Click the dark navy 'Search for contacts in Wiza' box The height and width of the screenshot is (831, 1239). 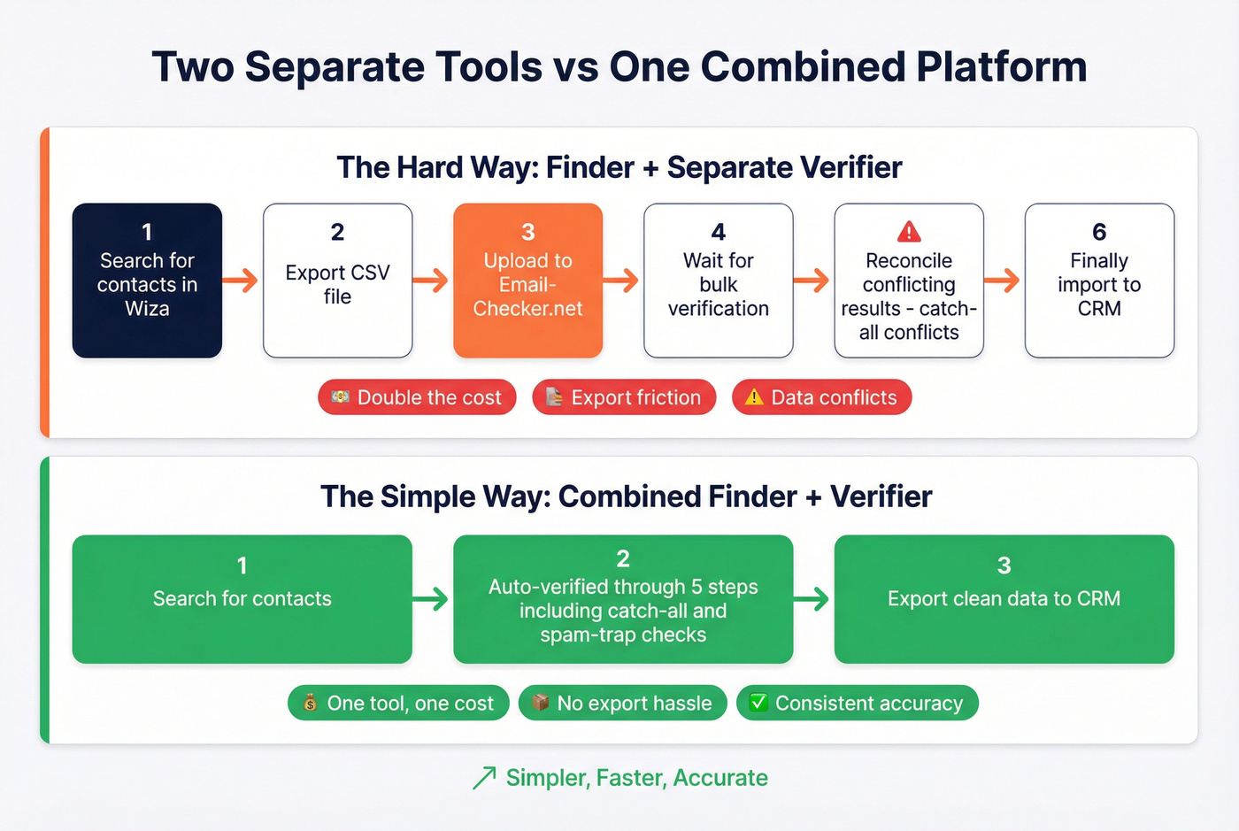[x=147, y=281]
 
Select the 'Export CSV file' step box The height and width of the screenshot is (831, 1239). [x=337, y=281]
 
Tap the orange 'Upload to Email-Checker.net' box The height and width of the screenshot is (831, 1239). [x=527, y=281]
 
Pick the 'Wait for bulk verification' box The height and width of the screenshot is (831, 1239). [x=718, y=281]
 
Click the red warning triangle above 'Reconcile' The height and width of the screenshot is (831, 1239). [x=909, y=232]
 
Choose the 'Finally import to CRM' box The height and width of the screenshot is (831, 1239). [x=1099, y=281]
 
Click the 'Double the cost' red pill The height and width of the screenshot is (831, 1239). [x=417, y=397]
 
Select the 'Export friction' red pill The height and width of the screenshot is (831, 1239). [x=624, y=397]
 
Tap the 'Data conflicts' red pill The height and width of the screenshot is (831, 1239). [x=821, y=397]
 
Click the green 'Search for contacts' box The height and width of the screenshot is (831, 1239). [x=242, y=598]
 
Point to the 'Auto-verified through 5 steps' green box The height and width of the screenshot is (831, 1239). [x=623, y=598]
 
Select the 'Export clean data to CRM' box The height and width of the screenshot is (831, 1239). [x=1004, y=598]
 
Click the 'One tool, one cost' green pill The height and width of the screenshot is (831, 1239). [x=398, y=703]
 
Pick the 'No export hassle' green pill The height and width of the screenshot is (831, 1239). [x=622, y=703]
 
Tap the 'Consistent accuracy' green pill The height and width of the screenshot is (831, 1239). [x=857, y=703]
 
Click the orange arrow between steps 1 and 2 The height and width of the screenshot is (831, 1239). [x=240, y=281]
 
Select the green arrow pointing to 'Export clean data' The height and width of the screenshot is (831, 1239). [x=812, y=599]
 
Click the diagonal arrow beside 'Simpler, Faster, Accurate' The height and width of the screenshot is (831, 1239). [x=484, y=778]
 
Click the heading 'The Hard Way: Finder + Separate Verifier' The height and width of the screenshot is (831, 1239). [x=619, y=167]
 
